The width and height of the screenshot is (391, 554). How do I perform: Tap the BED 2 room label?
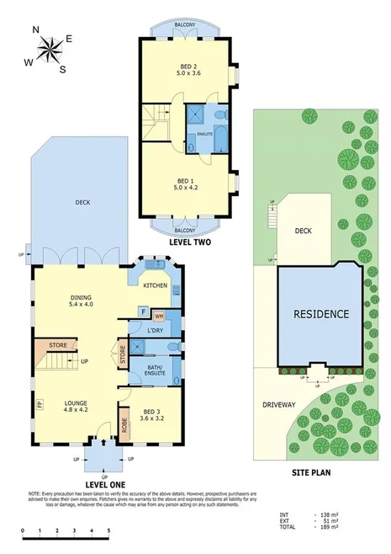[x=188, y=71]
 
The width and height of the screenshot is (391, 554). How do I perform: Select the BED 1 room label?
[x=188, y=184]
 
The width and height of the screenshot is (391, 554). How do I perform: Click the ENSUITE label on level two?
[x=204, y=133]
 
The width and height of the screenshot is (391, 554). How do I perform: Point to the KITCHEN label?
[x=156, y=287]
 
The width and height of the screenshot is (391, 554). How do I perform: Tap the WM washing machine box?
[x=158, y=315]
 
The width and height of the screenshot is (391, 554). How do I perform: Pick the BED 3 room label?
[x=154, y=411]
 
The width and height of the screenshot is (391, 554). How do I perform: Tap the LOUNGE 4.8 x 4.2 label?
[x=77, y=408]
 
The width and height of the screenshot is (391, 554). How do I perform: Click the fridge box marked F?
[x=143, y=313]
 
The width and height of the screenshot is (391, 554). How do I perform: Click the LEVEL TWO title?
[x=189, y=242]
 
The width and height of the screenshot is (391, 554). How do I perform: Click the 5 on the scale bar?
[x=108, y=531]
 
